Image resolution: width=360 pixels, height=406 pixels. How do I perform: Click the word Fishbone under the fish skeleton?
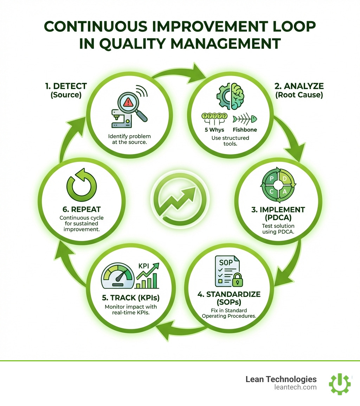(x=245, y=129)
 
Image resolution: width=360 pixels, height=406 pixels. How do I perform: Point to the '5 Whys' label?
(x=214, y=129)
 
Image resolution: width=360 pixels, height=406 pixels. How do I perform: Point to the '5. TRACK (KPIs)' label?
(x=130, y=298)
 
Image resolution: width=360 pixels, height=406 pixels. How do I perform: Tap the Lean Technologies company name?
(x=281, y=379)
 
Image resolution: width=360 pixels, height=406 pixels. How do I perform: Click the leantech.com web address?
(x=295, y=387)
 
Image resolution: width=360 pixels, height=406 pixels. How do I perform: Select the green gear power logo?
(x=340, y=384)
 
